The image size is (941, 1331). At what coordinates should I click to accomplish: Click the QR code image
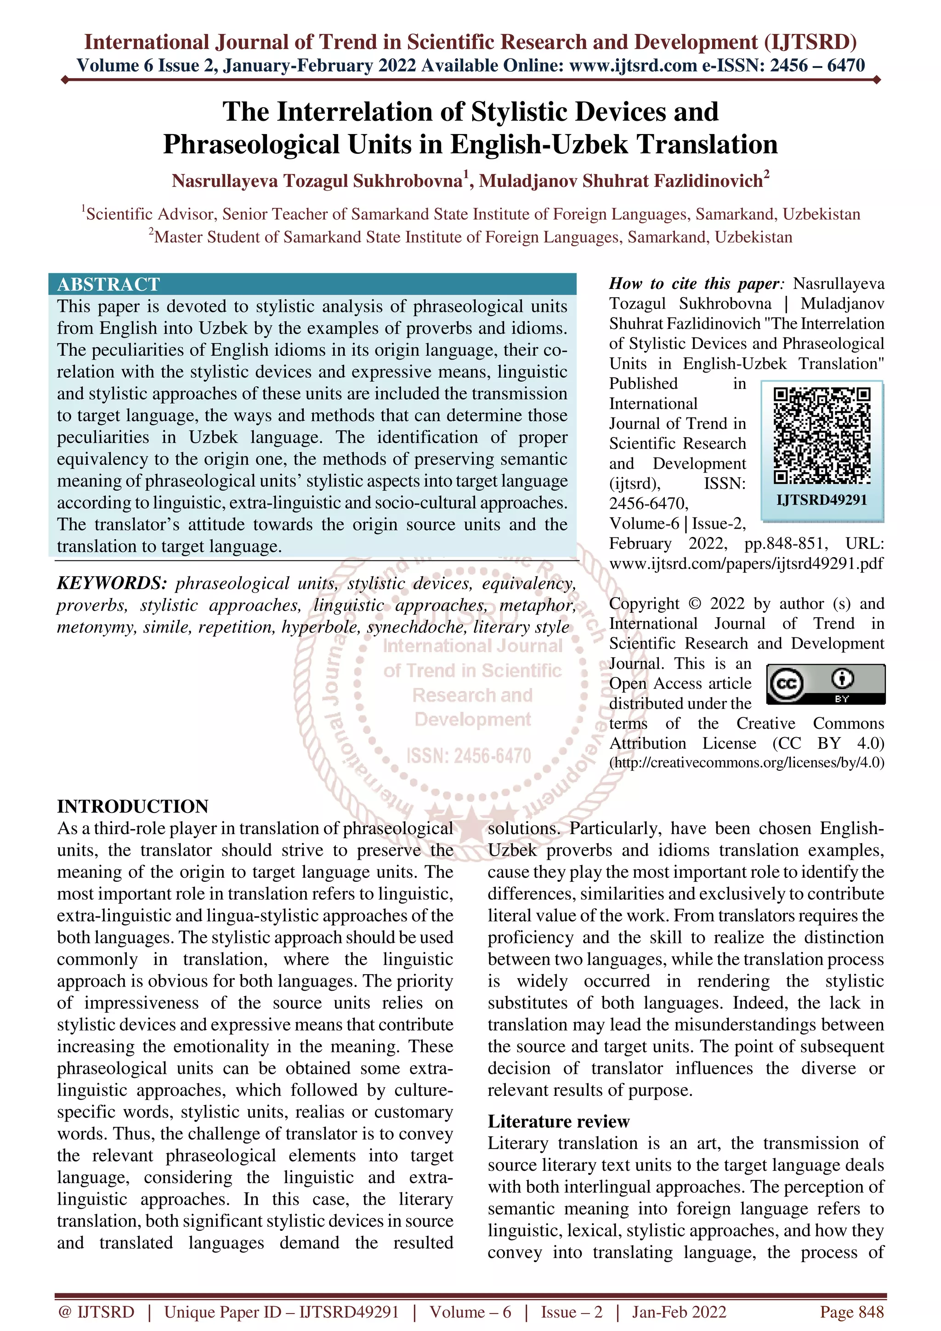pyautogui.click(x=822, y=436)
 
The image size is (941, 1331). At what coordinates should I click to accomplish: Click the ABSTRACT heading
pyautogui.click(x=108, y=284)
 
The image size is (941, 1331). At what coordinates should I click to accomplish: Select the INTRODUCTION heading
pyautogui.click(x=133, y=806)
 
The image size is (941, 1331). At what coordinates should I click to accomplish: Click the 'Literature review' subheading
pyautogui.click(x=558, y=1121)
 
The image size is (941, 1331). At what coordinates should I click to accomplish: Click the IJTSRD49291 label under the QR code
pyautogui.click(x=822, y=500)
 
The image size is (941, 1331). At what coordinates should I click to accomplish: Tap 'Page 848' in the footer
pyautogui.click(x=851, y=1312)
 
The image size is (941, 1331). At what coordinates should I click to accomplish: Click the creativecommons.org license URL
pyautogui.click(x=747, y=762)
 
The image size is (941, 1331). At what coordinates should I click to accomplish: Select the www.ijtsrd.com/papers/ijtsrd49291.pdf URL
pyautogui.click(x=746, y=563)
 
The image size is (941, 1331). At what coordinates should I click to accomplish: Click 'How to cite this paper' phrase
pyautogui.click(x=695, y=283)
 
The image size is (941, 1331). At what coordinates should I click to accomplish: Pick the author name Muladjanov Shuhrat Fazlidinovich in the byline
pyautogui.click(x=620, y=181)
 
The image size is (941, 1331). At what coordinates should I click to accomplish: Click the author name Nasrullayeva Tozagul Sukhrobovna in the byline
pyautogui.click(x=317, y=181)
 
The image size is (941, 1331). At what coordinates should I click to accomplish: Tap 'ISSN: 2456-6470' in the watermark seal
pyautogui.click(x=469, y=756)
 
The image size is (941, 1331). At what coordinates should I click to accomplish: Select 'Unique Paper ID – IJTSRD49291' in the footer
pyautogui.click(x=281, y=1312)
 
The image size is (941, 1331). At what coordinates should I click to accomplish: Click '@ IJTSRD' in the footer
pyautogui.click(x=96, y=1312)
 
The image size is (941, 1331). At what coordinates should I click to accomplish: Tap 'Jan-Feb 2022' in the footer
pyautogui.click(x=679, y=1312)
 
